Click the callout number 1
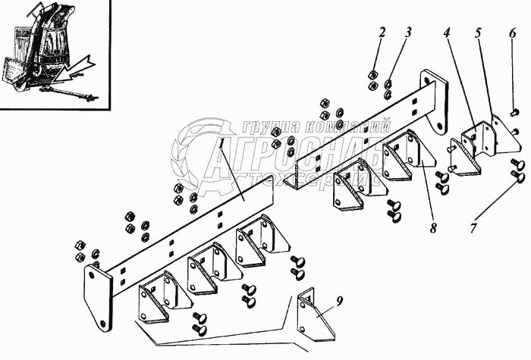(221, 142)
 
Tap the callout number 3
(408, 33)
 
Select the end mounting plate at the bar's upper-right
(435, 99)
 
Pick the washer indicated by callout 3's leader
(388, 85)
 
